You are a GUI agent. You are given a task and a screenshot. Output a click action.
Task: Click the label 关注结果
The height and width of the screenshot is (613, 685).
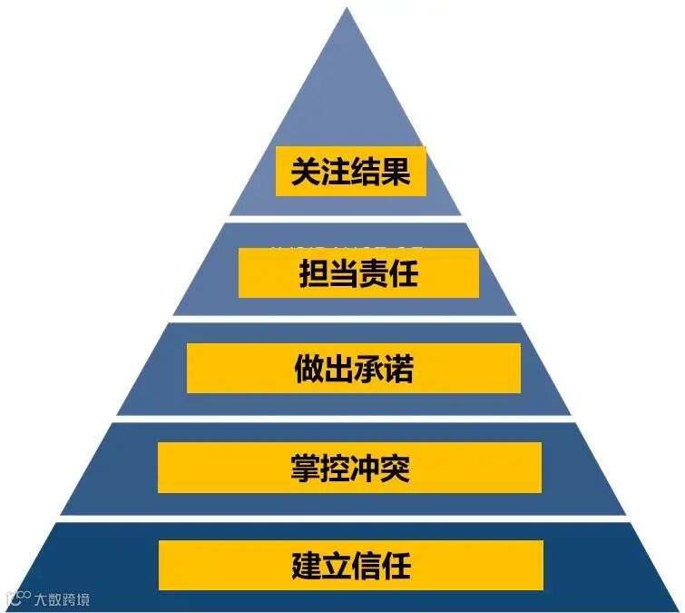[350, 171]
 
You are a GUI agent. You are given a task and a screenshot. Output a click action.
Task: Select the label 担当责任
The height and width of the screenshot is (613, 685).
[358, 272]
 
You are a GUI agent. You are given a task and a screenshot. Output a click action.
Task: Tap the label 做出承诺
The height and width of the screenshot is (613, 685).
[354, 369]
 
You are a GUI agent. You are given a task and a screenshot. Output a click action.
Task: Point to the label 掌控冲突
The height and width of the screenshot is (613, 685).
[350, 468]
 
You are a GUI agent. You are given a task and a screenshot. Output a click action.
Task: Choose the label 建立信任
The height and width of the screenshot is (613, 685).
[351, 565]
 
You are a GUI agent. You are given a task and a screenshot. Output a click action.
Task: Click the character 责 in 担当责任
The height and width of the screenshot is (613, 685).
[374, 272]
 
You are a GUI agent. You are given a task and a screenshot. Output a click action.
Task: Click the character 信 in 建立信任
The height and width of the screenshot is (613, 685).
[367, 565]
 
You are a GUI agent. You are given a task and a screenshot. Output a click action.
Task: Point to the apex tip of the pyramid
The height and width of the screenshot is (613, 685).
[346, 9]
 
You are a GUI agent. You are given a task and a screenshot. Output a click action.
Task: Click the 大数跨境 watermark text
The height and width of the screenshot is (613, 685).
[63, 599]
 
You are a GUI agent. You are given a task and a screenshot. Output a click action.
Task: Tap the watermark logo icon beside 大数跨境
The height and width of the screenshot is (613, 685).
[18, 598]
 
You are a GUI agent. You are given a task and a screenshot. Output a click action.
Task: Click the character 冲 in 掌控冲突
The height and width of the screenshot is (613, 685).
[366, 468]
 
